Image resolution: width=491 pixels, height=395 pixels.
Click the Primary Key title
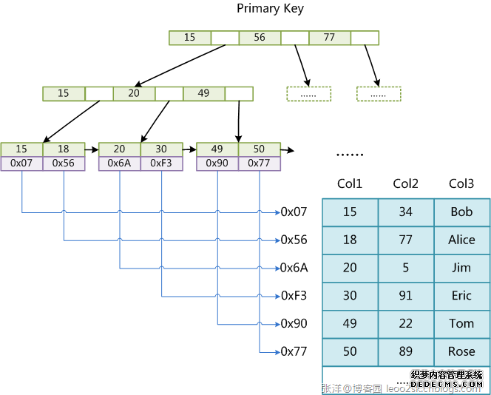[270, 8]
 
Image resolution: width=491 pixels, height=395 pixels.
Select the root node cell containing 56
[260, 37]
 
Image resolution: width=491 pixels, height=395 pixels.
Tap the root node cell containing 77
[329, 37]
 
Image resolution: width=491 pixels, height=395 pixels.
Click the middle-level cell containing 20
[133, 93]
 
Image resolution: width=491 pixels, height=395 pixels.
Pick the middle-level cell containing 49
[203, 93]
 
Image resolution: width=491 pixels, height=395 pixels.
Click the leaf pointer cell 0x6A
[119, 163]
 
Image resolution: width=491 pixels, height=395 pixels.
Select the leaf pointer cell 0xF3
[161, 163]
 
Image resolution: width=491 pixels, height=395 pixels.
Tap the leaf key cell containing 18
[64, 149]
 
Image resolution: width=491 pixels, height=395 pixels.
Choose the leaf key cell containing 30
[161, 149]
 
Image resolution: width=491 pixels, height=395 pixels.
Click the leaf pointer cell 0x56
[64, 163]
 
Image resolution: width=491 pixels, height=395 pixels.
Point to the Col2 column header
[406, 183]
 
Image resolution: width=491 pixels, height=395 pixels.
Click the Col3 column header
[461, 183]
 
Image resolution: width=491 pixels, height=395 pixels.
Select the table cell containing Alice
[461, 240]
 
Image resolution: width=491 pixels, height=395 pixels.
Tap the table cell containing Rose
[461, 351]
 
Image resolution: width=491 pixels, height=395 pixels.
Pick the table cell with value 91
[406, 295]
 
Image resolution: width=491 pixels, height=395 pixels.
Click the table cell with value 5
[406, 268]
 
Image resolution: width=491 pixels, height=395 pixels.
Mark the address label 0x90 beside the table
[294, 323]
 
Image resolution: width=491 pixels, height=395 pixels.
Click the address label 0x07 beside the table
[294, 212]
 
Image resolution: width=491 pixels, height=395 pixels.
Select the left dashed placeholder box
[308, 94]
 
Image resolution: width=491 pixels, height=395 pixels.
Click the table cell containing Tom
[461, 323]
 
